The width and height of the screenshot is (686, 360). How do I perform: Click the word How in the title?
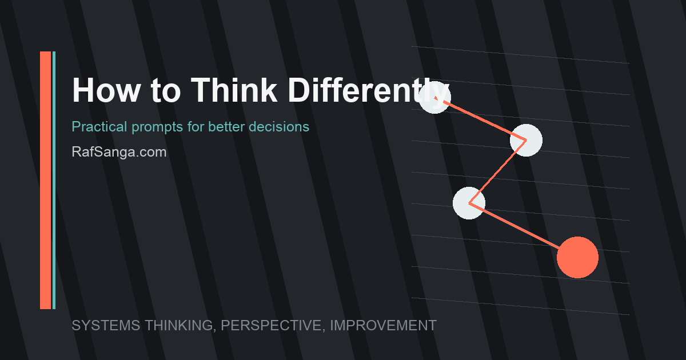coord(106,90)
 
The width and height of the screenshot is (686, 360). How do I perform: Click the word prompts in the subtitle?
coord(157,127)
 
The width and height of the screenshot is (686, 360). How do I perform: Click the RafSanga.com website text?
coord(119,152)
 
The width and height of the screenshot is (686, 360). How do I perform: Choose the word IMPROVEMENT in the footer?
coord(384,325)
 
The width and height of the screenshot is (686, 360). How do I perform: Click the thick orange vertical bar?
coord(45,181)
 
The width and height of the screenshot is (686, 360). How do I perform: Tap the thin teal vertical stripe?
coord(54,181)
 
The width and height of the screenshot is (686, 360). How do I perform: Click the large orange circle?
coord(577,258)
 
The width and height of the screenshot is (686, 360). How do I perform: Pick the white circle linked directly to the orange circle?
coord(469,203)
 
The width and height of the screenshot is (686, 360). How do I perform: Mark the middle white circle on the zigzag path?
coord(526,140)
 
